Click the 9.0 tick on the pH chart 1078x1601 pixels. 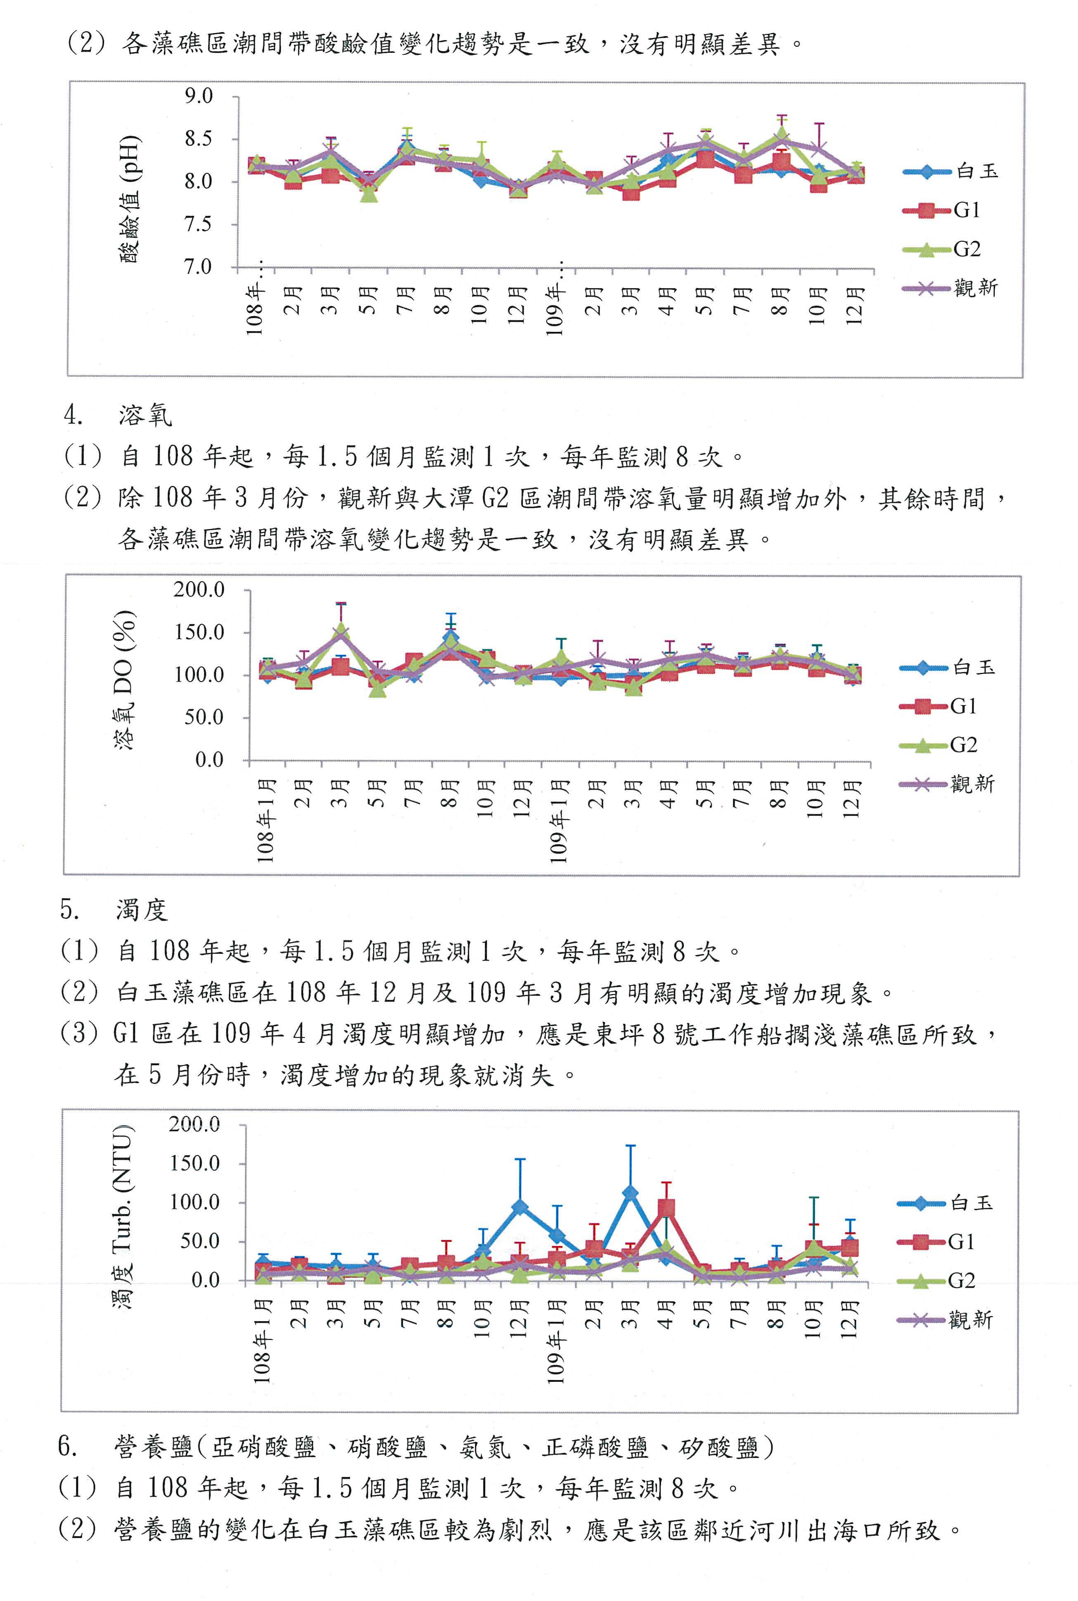(x=199, y=96)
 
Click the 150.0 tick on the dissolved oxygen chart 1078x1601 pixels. (x=199, y=632)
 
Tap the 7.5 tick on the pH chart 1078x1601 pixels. (x=199, y=224)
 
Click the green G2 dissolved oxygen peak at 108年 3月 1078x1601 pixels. (x=340, y=630)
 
